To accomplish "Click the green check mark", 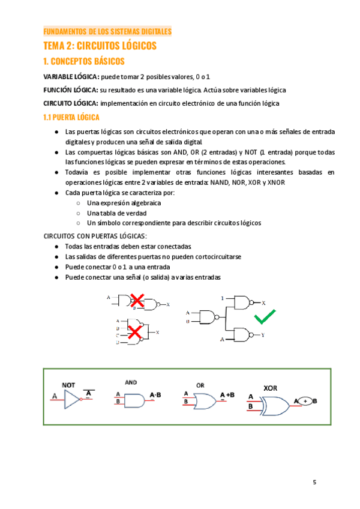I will [x=265, y=316].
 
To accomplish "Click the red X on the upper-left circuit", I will [x=137, y=300].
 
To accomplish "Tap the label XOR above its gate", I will [x=271, y=387].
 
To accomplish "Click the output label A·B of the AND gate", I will [x=155, y=395].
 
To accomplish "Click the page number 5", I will [x=314, y=483].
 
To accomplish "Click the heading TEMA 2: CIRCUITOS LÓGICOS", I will [x=100, y=46].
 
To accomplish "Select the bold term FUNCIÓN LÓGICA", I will [x=71, y=90].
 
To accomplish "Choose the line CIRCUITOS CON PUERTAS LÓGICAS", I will [x=95, y=236].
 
